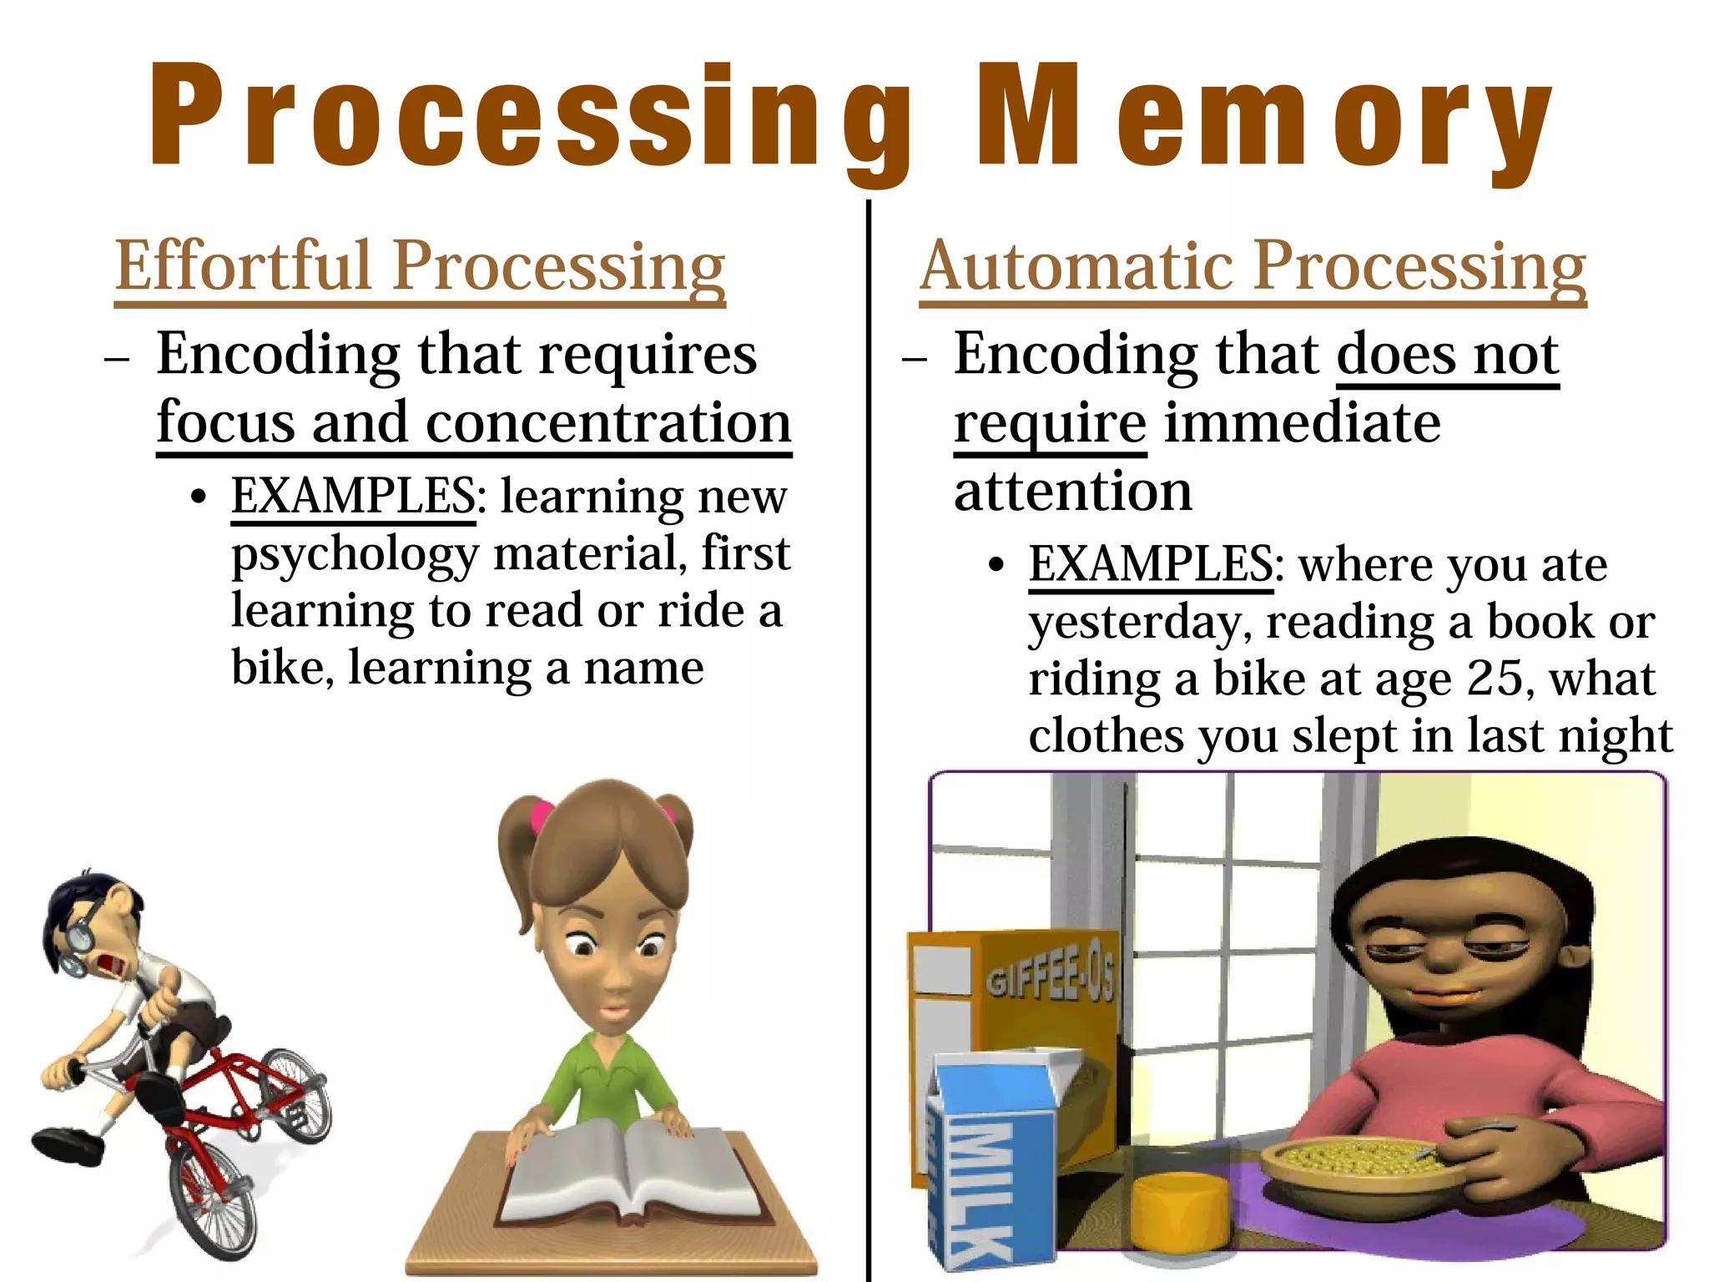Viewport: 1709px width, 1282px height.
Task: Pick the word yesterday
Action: pyautogui.click(x=1139, y=624)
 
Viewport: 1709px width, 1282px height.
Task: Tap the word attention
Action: pyautogui.click(x=1072, y=492)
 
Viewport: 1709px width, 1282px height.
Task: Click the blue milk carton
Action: pyautogui.click(x=989, y=1168)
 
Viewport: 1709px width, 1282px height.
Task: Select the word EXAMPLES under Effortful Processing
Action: pyautogui.click(x=353, y=497)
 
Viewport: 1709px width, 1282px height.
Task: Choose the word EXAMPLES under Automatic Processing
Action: pyautogui.click(x=1151, y=565)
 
